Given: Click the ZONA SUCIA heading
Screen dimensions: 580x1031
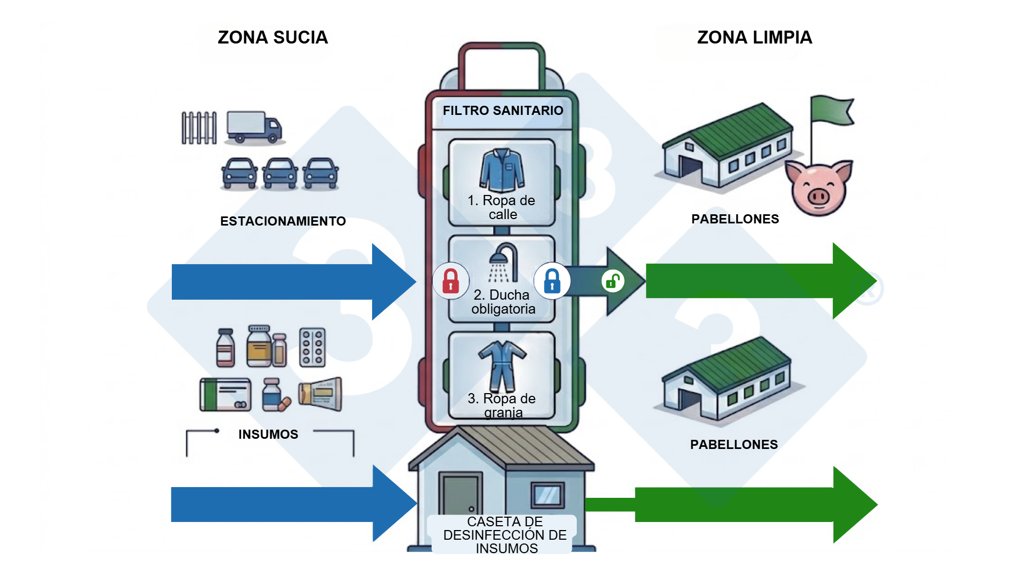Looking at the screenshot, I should (x=272, y=38).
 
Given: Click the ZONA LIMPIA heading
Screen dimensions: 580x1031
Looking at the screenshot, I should (x=754, y=38).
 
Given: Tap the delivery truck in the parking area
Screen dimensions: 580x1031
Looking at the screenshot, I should (x=253, y=127).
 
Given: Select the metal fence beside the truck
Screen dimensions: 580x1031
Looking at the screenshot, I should (x=199, y=128).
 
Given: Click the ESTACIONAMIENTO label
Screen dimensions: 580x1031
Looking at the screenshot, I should (x=283, y=221).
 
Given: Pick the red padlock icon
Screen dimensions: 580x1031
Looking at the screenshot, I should (x=451, y=281).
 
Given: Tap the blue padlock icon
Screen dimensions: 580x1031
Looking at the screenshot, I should (x=552, y=281).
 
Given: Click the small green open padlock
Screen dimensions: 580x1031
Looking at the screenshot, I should (x=613, y=281).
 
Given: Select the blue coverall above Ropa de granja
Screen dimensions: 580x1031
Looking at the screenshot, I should (x=502, y=365).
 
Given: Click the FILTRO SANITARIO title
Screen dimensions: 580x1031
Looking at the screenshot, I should (x=503, y=111).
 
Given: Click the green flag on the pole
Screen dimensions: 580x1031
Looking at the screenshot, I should (x=832, y=110).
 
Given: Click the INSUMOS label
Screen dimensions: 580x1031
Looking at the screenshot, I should (x=268, y=434).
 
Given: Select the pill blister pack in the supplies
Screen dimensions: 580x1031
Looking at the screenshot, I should (x=313, y=347).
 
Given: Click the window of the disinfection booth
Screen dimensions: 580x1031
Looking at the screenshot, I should (x=547, y=495).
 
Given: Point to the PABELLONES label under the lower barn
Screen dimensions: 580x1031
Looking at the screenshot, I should (x=734, y=445).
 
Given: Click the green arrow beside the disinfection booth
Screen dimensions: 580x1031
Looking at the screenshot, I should (x=752, y=505).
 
